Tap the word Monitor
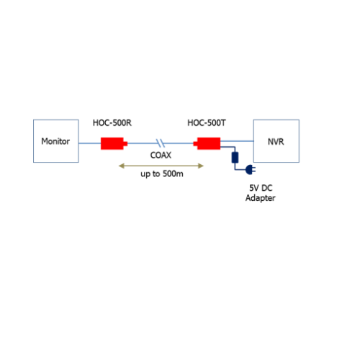pyautogui.click(x=55, y=141)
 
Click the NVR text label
pyautogui.click(x=276, y=142)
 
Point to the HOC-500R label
pyautogui.click(x=112, y=123)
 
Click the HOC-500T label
pyautogui.click(x=207, y=123)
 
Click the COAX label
pyautogui.click(x=161, y=155)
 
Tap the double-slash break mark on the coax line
pyautogui.click(x=161, y=143)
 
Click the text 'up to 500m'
pyautogui.click(x=162, y=174)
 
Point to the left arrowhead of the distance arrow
pyautogui.click(x=122, y=166)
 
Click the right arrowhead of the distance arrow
pyautogui.click(x=201, y=166)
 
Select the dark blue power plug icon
pyautogui.click(x=251, y=170)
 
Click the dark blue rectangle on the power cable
pyautogui.click(x=235, y=158)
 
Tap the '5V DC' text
pyautogui.click(x=261, y=188)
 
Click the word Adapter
pyautogui.click(x=261, y=198)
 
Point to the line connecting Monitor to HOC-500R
pyautogui.click(x=90, y=143)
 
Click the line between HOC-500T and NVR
pyautogui.click(x=237, y=141)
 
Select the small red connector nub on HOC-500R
pyautogui.click(x=125, y=143)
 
